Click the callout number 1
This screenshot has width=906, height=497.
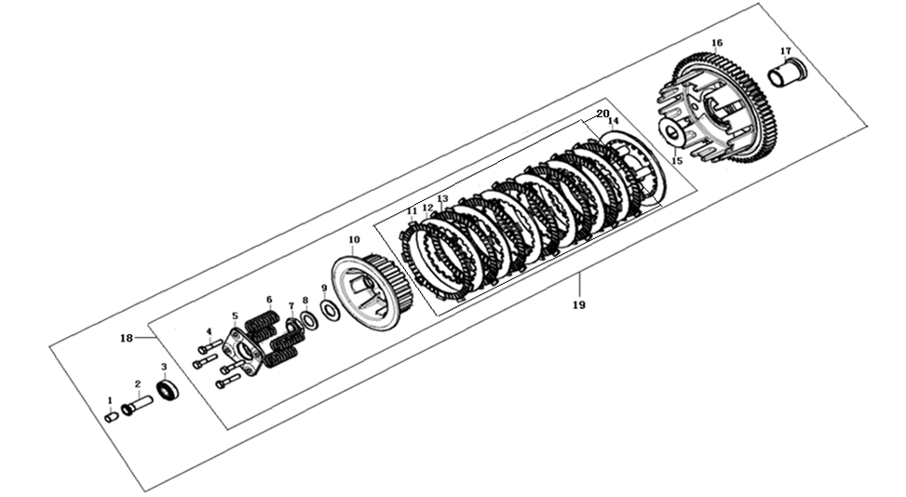(109, 400)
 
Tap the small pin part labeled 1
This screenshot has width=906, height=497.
(112, 417)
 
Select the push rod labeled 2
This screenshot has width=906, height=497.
(138, 404)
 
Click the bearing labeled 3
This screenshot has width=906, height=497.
(168, 391)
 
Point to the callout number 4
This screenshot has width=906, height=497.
(210, 331)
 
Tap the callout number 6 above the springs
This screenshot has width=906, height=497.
(269, 300)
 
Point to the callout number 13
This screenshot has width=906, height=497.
(442, 198)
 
